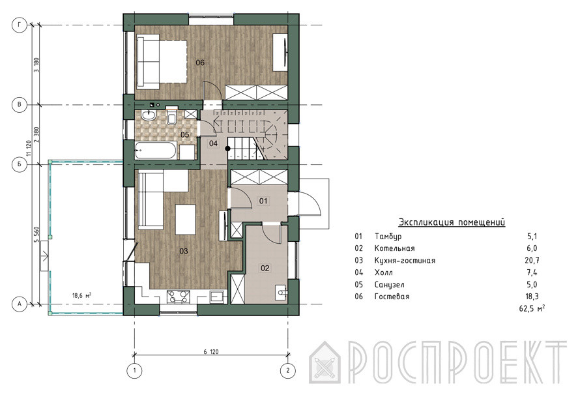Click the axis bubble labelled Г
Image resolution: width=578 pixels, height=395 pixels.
coord(19,25)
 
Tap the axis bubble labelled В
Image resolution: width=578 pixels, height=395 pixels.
coord(19,105)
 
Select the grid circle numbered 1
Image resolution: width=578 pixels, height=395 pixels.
coord(134,370)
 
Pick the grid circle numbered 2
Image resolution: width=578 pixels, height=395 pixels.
coord(288,370)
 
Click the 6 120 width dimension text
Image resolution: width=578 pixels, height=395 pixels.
coord(211,352)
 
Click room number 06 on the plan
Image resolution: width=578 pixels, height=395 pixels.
coord(200,63)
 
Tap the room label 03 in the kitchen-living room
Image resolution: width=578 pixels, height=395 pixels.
coord(184,251)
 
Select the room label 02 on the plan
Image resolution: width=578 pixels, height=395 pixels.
coord(265,268)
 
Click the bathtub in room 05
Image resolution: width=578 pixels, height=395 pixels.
coord(156,151)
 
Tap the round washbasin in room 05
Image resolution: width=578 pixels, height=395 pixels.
coord(148,115)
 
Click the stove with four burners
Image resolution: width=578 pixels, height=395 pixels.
coord(179,297)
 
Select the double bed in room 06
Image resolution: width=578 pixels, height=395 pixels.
coord(162,61)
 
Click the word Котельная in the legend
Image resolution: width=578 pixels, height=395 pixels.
coord(394,248)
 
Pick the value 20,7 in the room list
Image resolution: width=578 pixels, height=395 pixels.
coord(532,261)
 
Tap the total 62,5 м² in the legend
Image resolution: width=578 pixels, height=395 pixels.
coord(532,308)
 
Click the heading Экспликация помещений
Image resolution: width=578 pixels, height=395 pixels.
coord(452,222)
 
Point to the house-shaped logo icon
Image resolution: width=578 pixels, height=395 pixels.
coord(325,362)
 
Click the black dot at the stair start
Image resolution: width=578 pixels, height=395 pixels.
coord(228,149)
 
